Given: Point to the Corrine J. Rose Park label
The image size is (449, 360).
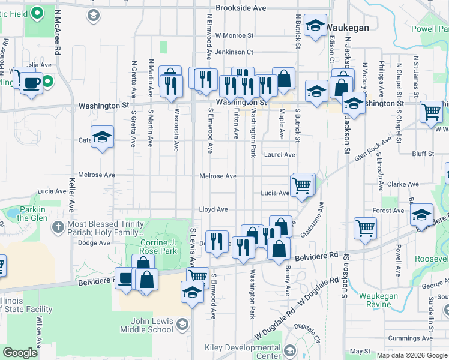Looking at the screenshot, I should tap(158, 247).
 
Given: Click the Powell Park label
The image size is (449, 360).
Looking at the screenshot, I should tap(431, 29).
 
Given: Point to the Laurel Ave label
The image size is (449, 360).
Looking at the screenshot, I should tap(280, 155).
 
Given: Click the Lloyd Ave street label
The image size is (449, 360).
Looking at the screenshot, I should tap(214, 209).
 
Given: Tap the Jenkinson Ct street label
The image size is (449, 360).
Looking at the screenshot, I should tap(234, 53).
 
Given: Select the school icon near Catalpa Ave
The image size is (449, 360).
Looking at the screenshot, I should tap(103, 138).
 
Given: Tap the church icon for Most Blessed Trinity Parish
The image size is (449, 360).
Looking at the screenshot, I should tap(57, 227).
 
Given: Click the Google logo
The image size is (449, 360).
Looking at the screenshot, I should tap(20, 353).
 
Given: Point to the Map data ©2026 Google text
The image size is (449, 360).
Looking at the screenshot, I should tap(412, 355).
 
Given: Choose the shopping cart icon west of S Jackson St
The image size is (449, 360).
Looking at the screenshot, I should tap(365, 228).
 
